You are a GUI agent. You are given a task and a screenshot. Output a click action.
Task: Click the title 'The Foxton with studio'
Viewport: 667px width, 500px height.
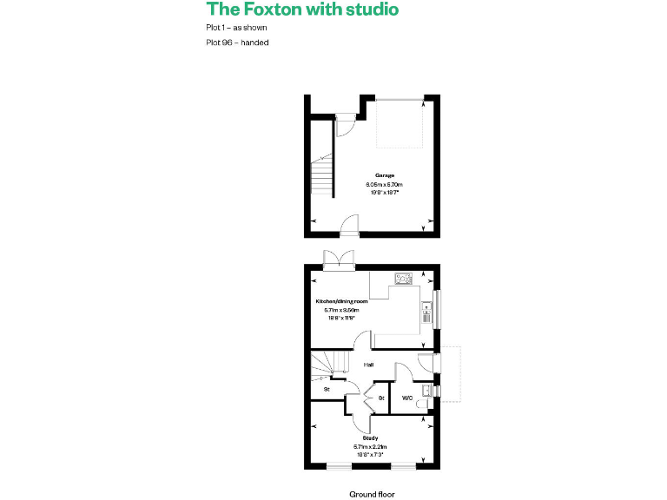click(x=302, y=10)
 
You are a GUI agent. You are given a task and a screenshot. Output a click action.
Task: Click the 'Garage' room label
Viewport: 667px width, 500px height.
click(x=385, y=175)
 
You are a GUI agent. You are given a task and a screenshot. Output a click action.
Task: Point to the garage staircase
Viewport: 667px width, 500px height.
click(x=322, y=174)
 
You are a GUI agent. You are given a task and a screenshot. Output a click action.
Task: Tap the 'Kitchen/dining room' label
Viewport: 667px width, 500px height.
click(x=347, y=301)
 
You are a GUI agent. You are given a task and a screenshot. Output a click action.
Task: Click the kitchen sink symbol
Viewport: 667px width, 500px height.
click(x=404, y=279)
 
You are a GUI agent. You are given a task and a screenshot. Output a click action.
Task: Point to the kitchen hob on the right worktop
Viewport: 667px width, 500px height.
click(x=426, y=310)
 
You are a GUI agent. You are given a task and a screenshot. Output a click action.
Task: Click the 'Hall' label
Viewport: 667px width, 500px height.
click(x=368, y=365)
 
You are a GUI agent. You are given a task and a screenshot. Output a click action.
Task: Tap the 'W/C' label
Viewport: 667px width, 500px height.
click(x=406, y=398)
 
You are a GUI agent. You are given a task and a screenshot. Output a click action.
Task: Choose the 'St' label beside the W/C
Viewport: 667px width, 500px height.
click(x=381, y=398)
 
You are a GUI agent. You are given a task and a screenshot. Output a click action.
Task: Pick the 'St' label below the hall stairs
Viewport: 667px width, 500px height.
click(x=327, y=389)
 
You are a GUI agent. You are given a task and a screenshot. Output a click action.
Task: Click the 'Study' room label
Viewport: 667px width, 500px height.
click(x=370, y=438)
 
